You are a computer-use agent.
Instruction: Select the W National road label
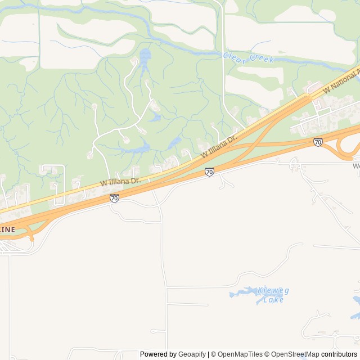pos(341,80)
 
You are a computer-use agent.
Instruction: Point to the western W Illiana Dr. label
pos(120,182)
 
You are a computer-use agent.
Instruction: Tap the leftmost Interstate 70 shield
pos(114,198)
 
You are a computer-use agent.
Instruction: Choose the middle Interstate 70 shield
pos(209,172)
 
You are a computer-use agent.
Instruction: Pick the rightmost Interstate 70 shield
pos(318,142)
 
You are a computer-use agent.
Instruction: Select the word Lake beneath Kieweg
pos(273,300)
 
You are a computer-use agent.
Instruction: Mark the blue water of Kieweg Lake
pos(242,292)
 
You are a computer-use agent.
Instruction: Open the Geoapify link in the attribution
pos(192,354)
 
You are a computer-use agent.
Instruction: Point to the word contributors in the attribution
pos(339,354)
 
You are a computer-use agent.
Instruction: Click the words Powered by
pos(158,354)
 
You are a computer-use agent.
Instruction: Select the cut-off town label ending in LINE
pos(7,229)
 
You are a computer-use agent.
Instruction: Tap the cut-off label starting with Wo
pos(355,166)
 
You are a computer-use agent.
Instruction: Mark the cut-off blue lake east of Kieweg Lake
pos(355,304)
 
